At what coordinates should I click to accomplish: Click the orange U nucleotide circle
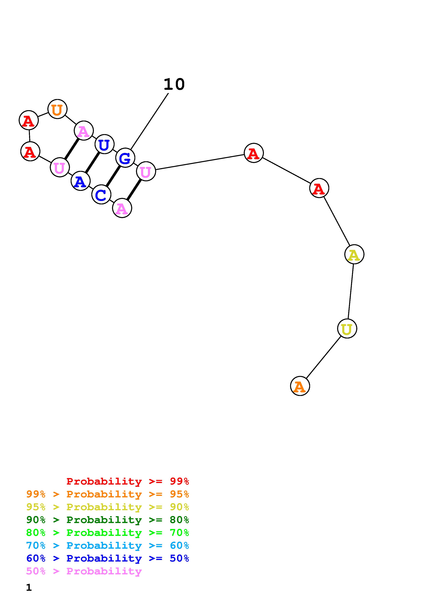(x=57, y=109)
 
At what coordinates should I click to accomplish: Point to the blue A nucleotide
(x=80, y=181)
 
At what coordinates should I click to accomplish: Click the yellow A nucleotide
(x=354, y=254)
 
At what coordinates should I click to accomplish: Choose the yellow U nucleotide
(x=347, y=329)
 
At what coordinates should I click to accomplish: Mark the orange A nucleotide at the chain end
(x=300, y=386)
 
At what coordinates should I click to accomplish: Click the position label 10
(x=174, y=84)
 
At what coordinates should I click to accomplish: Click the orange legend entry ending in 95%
(x=108, y=494)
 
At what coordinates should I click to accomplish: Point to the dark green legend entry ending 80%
(x=108, y=520)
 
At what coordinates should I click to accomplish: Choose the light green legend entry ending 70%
(x=108, y=533)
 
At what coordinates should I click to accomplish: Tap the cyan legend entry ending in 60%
(x=108, y=545)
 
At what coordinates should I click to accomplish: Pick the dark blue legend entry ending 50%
(x=108, y=558)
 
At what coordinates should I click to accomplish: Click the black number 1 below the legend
(x=29, y=588)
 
